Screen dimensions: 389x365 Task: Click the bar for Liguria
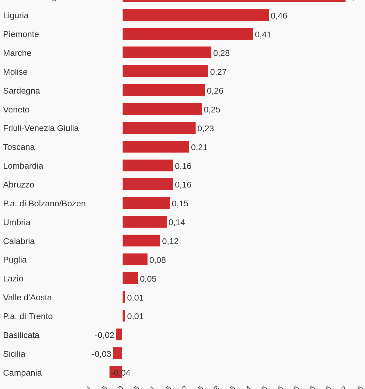point(196,15)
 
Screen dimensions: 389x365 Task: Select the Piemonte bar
point(188,34)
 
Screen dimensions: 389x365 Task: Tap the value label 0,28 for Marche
point(221,53)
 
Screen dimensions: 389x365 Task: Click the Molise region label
point(15,72)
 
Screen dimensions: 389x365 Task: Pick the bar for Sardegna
point(164,90)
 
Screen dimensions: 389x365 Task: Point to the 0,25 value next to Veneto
point(212,109)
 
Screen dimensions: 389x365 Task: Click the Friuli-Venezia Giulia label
point(41,128)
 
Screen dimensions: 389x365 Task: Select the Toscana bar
point(156,147)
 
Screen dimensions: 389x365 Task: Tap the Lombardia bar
point(148,166)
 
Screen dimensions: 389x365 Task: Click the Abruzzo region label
point(19,185)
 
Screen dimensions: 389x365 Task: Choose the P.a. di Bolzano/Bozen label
point(44,204)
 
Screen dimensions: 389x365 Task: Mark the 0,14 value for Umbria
point(177,222)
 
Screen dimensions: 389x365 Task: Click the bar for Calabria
point(141,241)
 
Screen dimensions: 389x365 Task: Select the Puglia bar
point(135,260)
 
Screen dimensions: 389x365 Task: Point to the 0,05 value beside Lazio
point(148,279)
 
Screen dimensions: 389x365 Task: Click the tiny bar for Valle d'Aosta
point(124,297)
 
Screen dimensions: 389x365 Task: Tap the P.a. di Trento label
point(28,316)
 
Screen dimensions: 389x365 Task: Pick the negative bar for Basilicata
point(119,335)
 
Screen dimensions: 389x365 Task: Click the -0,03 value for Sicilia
point(102,354)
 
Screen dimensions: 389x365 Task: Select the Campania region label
point(22,373)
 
